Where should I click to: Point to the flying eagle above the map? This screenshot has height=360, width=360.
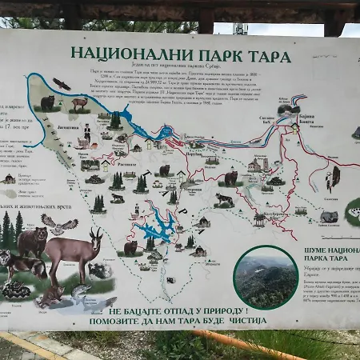[x=62, y=83]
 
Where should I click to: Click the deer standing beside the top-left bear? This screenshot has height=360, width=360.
[x=78, y=103]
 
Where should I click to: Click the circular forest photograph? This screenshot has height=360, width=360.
[x=266, y=277]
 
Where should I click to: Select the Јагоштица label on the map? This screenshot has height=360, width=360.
[x=67, y=126]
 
